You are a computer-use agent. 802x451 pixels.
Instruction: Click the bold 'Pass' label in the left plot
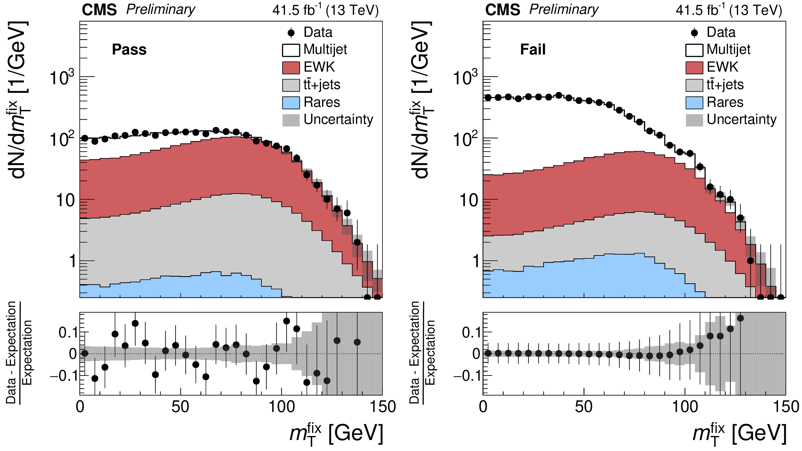point(129,50)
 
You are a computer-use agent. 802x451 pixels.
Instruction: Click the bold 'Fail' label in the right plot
point(533,50)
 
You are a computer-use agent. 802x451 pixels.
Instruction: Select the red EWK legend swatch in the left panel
point(291,67)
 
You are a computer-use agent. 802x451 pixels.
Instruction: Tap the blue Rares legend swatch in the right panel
point(694,103)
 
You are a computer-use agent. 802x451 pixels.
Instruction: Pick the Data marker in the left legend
point(291,33)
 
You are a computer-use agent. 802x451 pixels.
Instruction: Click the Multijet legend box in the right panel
point(694,50)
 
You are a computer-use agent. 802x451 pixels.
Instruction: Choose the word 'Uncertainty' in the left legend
point(338,120)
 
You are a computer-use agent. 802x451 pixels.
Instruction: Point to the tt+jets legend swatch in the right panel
point(694,85)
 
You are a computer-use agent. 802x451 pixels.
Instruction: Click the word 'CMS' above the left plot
point(99,10)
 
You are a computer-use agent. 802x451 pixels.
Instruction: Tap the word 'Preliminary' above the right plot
point(564,10)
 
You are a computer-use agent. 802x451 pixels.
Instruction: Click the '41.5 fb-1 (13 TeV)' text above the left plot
point(325,10)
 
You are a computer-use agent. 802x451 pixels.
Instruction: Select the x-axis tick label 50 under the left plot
point(180,407)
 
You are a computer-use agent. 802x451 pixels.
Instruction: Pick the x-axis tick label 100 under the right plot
point(685,407)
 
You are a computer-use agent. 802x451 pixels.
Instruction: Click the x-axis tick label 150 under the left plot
point(383,407)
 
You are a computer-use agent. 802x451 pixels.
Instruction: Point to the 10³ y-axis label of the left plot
point(62,78)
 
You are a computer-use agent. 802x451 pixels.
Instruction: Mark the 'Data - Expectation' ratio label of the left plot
point(11,352)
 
